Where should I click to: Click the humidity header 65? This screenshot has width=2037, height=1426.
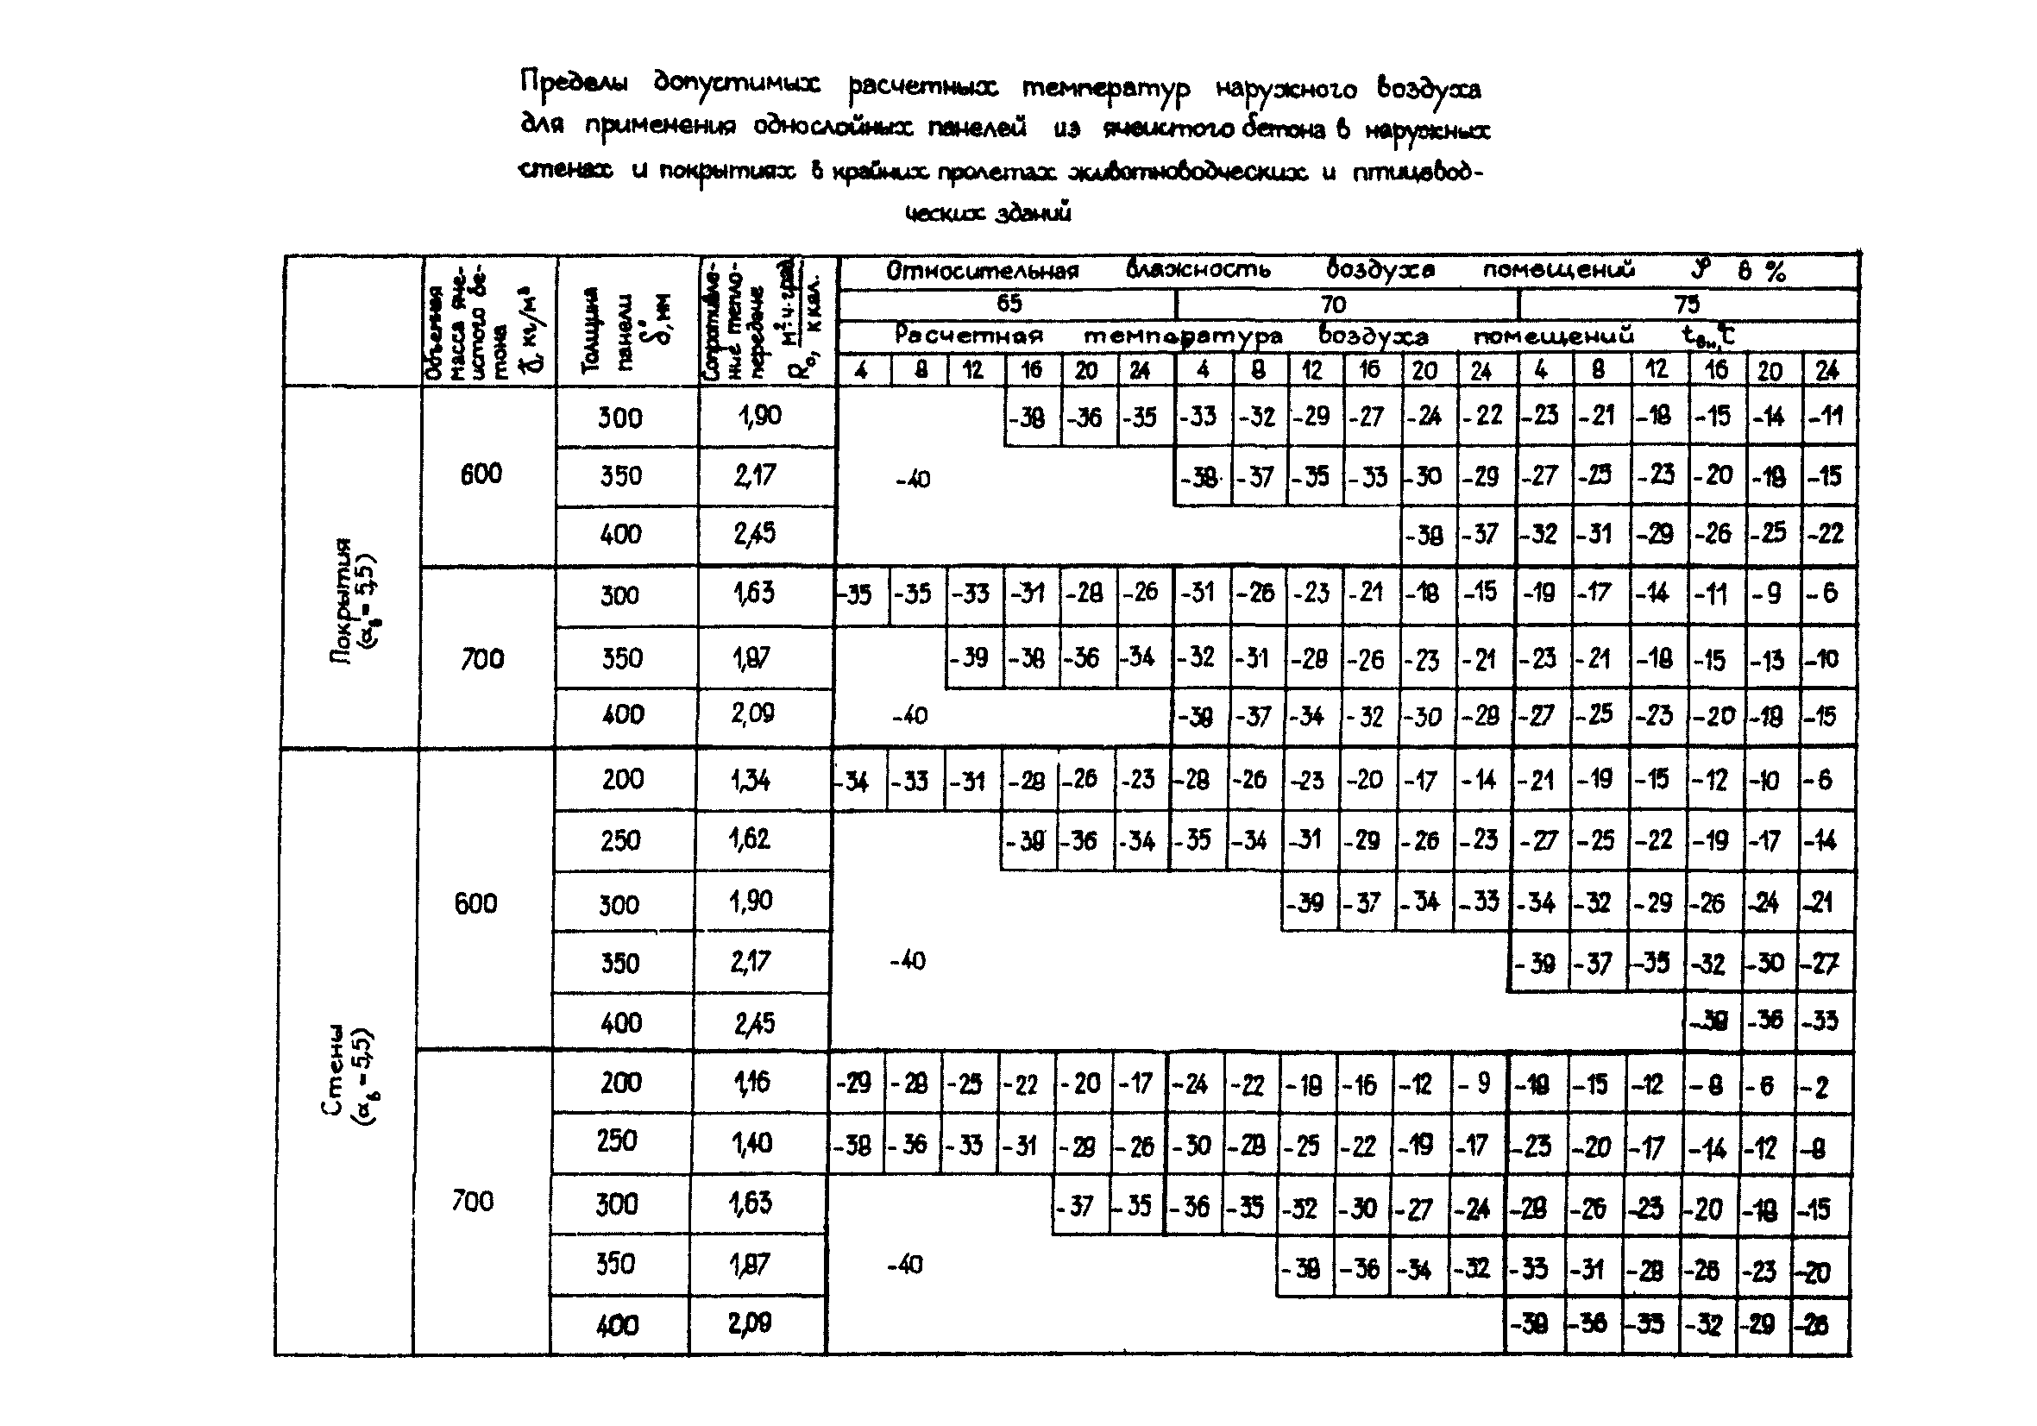point(1009,304)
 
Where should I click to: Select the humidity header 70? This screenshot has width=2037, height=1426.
point(1333,305)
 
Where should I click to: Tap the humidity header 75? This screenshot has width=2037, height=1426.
point(1687,305)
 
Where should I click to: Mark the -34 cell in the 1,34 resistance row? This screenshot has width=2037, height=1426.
point(855,782)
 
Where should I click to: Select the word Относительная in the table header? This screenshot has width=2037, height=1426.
point(982,271)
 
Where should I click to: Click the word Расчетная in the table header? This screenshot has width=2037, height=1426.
point(968,336)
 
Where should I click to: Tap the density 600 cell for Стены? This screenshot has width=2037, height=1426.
point(475,903)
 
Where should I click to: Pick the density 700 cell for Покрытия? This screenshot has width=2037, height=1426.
point(481,658)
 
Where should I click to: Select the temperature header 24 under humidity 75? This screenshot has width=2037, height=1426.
point(1826,370)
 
